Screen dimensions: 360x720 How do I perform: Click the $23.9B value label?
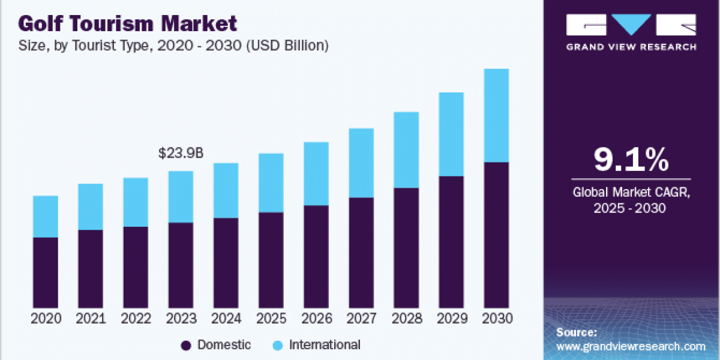tap(181, 154)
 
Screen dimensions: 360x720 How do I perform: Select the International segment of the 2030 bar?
tap(496, 115)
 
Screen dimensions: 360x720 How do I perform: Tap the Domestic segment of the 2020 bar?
tap(46, 272)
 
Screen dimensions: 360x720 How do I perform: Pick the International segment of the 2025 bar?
tap(271, 182)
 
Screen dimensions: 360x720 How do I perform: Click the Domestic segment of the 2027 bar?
tap(361, 252)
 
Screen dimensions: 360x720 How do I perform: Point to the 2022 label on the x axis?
tap(136, 319)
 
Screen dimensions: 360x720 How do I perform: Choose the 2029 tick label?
tap(451, 319)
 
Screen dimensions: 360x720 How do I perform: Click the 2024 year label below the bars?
tap(226, 319)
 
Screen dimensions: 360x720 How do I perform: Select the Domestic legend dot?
tap(186, 346)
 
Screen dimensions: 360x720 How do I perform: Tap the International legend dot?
tap(277, 346)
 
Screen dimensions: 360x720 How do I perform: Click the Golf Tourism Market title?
tap(127, 24)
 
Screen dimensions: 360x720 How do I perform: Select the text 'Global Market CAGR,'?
tap(631, 193)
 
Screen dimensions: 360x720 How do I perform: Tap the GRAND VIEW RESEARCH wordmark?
tap(631, 47)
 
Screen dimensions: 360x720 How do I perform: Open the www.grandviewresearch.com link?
tap(631, 346)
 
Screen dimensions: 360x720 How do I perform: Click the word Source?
tap(576, 332)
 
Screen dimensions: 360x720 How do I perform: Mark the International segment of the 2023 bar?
tap(181, 197)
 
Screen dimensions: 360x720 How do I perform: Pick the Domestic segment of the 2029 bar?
tap(451, 242)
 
